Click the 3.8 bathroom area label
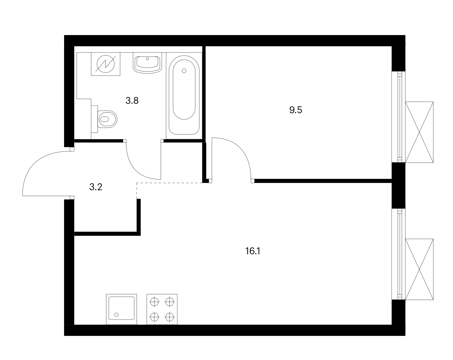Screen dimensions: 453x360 tap(132, 101)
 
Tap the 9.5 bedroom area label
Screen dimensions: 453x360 tap(295, 110)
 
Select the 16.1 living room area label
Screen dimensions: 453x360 tap(253, 251)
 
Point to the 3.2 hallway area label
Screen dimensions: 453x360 tap(96, 187)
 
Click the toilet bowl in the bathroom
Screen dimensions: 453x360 tap(108, 119)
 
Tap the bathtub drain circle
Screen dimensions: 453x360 tap(184, 71)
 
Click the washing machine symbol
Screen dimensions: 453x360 tap(105, 64)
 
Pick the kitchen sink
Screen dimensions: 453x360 tap(122, 309)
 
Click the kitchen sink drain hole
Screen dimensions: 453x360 tap(116, 315)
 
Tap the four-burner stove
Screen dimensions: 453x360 tap(162, 309)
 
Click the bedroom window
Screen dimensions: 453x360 tap(399, 117)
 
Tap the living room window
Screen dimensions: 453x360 tap(399, 254)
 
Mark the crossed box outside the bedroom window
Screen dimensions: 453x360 tap(419, 132)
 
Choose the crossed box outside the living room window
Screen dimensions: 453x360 tap(419, 269)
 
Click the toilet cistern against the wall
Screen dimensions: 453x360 tap(94, 119)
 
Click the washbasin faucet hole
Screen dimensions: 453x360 tap(147, 59)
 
